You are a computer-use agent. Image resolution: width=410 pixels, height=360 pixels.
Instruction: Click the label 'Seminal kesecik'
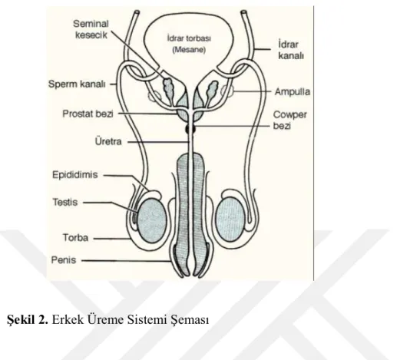91,29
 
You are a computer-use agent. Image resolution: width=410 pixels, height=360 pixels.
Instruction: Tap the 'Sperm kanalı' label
77,84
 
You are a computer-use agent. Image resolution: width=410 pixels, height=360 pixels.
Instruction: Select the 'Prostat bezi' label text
88,114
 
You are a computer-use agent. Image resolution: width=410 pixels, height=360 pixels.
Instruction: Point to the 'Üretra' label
108,141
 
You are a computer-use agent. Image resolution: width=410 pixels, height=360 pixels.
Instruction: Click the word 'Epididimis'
75,175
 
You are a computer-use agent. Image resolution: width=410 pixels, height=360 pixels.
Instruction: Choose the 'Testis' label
65,202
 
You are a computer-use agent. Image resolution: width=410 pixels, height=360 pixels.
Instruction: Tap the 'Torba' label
75,238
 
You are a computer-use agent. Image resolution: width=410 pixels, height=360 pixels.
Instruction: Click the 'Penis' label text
64,260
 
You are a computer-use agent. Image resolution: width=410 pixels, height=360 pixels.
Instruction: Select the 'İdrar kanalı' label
291,50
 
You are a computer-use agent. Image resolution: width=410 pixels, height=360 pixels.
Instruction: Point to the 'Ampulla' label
293,92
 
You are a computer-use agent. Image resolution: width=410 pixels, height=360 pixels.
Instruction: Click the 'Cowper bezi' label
289,120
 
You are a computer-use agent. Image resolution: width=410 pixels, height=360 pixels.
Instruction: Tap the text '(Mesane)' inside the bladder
189,50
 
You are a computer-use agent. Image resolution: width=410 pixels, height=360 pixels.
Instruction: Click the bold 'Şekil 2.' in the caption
28,319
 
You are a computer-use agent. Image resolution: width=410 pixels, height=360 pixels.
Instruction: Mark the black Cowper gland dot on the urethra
190,129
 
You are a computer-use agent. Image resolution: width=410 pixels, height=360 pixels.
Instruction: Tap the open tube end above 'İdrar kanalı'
243,12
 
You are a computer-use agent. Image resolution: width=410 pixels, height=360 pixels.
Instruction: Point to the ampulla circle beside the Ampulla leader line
226,91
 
